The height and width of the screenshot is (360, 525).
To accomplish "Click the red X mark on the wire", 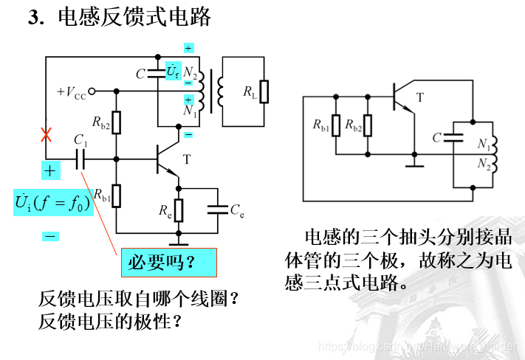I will coord(46,135).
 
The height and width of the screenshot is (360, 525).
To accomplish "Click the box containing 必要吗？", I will coord(168,263).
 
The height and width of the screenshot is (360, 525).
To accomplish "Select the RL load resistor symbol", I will coord(264,91).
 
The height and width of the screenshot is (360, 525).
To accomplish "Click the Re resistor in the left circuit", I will coord(178,209).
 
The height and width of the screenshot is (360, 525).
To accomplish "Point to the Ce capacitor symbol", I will coord(217,209).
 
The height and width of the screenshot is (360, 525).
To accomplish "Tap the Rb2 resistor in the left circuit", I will coord(116,124).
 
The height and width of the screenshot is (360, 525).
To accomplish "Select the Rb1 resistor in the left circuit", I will coord(116,195).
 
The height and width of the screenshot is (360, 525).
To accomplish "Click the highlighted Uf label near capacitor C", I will coord(173,72).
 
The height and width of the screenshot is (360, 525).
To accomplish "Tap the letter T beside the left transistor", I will coord(186,159).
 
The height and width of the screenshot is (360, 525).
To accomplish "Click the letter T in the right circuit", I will coord(420,97).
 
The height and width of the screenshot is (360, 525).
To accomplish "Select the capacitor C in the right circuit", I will coord(456,137).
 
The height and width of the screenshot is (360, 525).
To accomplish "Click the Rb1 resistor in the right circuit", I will coord(336,126).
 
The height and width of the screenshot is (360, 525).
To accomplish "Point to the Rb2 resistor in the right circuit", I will coord(368,126).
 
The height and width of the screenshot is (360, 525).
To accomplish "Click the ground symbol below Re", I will coord(178,240).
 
